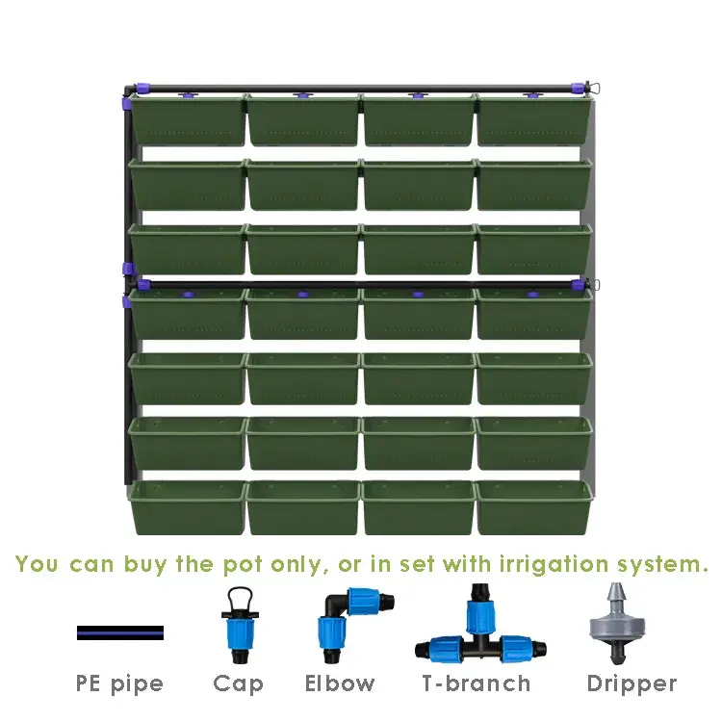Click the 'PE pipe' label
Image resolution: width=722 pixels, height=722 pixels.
point(120,684)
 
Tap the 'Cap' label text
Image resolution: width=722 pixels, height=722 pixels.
point(238,684)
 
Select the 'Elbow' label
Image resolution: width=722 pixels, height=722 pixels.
point(340,684)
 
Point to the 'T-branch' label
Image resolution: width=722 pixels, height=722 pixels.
point(477,684)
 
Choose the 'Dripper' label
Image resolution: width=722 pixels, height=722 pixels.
point(632,684)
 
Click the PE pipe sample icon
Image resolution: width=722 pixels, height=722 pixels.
point(120,632)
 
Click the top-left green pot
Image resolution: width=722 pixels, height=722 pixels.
point(187,119)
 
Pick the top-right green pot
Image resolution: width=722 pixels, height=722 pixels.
point(533,119)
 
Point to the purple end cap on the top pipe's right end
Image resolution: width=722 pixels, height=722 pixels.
point(580,90)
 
